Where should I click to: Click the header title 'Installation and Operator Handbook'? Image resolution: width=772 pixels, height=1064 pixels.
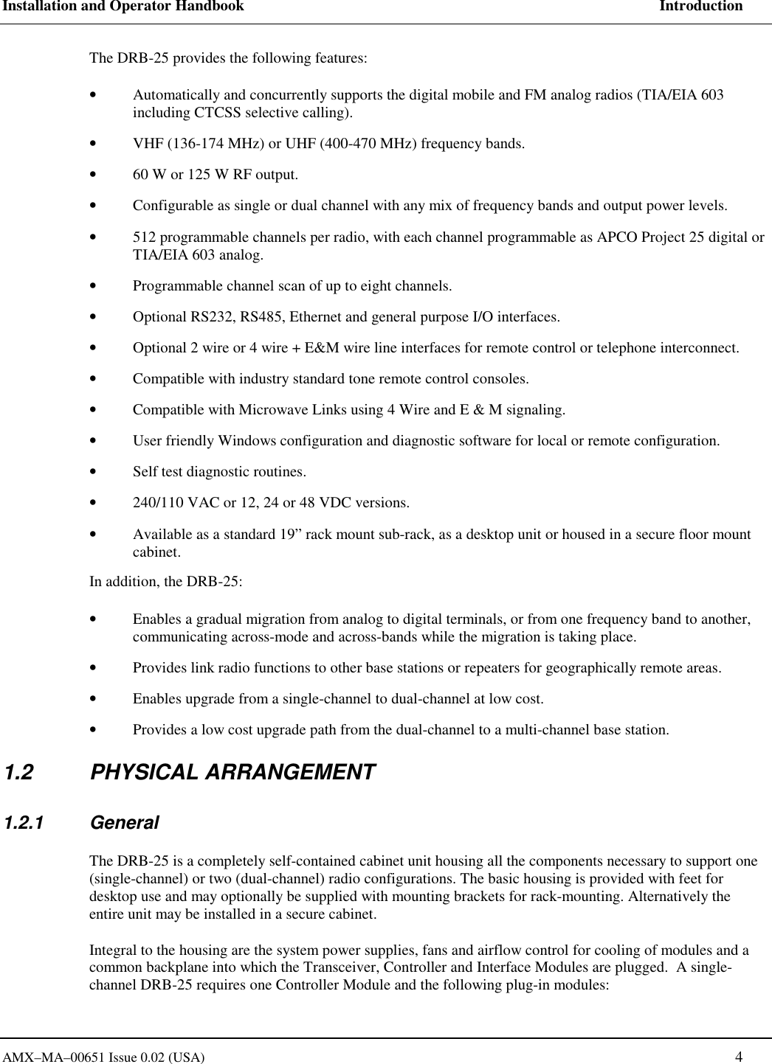pos(122,7)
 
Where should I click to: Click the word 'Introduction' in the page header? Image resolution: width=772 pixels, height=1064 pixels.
pos(700,7)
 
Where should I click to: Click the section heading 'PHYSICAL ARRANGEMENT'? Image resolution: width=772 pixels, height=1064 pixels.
pos(232,773)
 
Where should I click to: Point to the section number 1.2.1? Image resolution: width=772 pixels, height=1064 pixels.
pos(24,823)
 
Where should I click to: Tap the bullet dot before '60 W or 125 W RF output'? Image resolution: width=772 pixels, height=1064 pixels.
pos(91,175)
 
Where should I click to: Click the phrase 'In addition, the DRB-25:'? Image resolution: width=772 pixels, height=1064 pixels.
pos(166,581)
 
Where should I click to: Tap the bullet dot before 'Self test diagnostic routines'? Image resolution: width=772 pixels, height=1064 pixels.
pos(91,472)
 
